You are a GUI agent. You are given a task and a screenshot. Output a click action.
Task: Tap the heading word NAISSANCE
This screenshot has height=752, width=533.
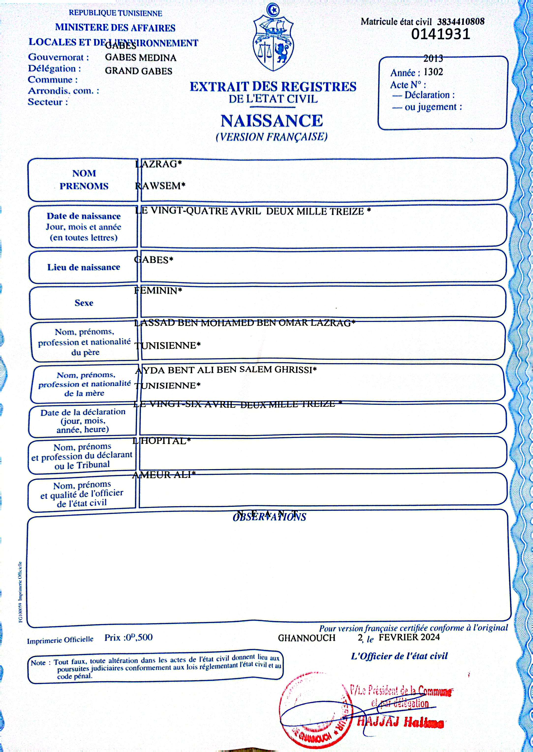pos(272,121)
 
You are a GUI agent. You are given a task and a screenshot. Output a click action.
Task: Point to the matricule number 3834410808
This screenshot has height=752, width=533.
pos(460,22)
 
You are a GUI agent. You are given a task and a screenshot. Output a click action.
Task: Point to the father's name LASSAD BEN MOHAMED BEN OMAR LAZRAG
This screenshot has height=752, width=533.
pos(244,323)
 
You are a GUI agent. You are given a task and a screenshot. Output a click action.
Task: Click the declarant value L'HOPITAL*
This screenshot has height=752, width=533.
pos(162,441)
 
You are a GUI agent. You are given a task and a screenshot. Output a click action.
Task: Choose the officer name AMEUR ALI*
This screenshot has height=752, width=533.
pos(164,475)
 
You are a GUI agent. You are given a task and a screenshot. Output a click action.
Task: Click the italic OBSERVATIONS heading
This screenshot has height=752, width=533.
pos(269,518)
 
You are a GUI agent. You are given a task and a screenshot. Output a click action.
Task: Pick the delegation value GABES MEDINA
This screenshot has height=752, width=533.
pos(140,58)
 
